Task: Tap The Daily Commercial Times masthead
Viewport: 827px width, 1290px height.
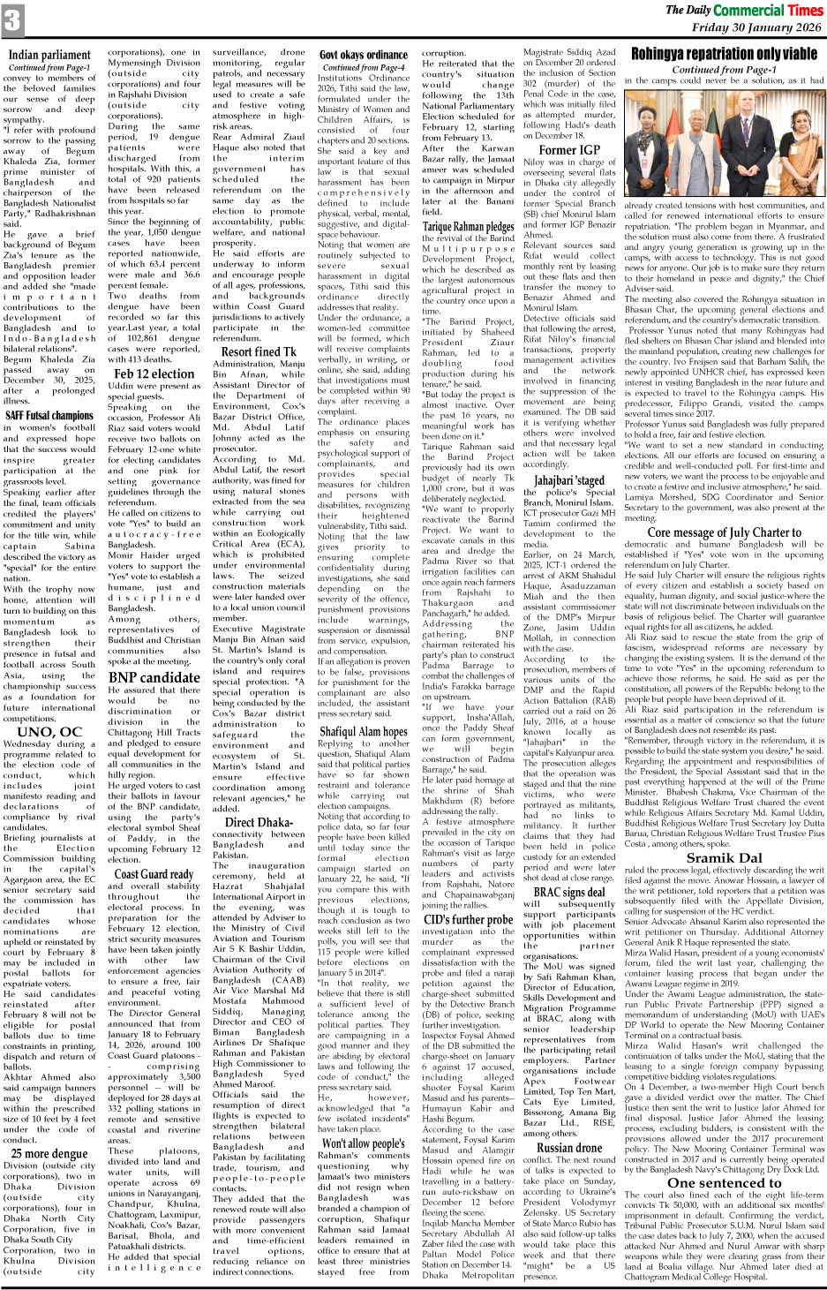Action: [x=743, y=11]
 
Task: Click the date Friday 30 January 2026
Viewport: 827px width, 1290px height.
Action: [x=756, y=27]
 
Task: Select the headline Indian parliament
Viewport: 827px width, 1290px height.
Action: [x=49, y=55]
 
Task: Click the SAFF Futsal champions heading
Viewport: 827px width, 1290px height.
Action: [x=49, y=414]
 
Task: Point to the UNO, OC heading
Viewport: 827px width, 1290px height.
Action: [x=49, y=731]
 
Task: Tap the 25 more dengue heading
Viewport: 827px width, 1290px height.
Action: [x=49, y=1153]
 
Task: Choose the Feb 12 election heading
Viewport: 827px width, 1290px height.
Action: [x=154, y=373]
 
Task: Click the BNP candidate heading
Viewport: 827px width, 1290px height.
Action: [x=154, y=677]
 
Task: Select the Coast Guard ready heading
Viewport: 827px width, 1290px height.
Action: [x=154, y=873]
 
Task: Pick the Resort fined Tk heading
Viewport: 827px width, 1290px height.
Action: [x=259, y=351]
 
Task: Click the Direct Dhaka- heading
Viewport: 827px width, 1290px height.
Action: [x=259, y=822]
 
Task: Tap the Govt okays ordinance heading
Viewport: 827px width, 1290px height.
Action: [x=364, y=55]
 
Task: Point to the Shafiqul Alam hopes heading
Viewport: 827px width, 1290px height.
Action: [x=364, y=731]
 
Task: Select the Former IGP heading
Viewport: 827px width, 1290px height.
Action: [x=569, y=149]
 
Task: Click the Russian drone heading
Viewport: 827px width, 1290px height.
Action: [x=569, y=1148]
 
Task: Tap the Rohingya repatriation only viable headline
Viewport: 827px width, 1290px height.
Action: [x=724, y=55]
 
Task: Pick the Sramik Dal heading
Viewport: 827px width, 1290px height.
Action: [x=724, y=857]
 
